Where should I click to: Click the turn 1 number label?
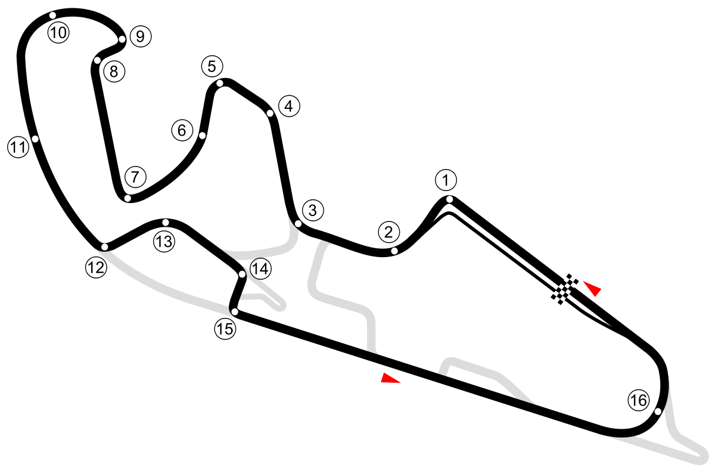click(x=445, y=179)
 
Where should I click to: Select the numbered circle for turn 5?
click(x=212, y=66)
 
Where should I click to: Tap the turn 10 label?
click(x=58, y=33)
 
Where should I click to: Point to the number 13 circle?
click(x=164, y=241)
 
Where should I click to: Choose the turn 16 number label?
click(x=638, y=401)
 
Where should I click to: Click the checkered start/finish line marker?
click(x=565, y=289)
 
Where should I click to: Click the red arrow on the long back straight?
click(x=390, y=378)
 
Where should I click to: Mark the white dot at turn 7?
click(x=127, y=198)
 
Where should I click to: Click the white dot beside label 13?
click(x=166, y=222)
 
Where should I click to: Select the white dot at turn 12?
click(x=104, y=247)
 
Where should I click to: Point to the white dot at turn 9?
click(x=122, y=39)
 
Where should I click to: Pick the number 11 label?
click(x=18, y=146)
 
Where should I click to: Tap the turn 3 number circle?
click(x=313, y=210)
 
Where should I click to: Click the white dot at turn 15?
click(x=235, y=312)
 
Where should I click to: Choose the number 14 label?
click(x=260, y=269)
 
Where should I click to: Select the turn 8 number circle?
click(x=114, y=72)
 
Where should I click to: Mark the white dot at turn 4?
click(x=270, y=113)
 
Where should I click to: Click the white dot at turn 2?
click(x=394, y=251)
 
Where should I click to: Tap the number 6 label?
click(x=182, y=129)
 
